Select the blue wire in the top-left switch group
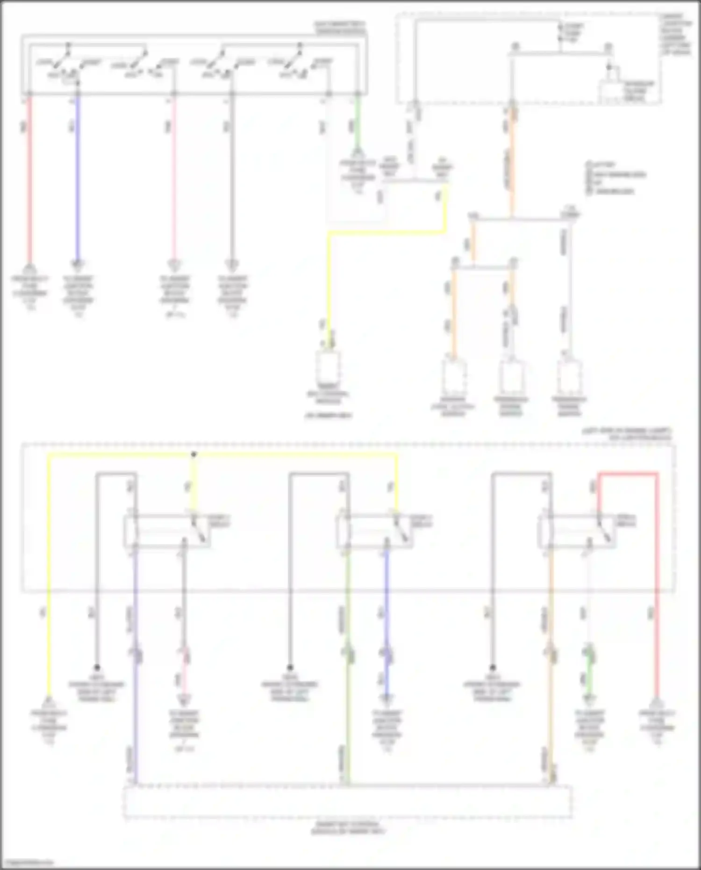tap(78, 178)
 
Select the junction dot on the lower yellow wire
tap(194, 454)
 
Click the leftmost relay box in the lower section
tap(166, 531)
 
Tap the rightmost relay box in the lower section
tap(577, 531)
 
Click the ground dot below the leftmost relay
tap(97, 668)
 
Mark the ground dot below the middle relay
tap(290, 668)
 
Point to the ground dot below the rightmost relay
tap(492, 668)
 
